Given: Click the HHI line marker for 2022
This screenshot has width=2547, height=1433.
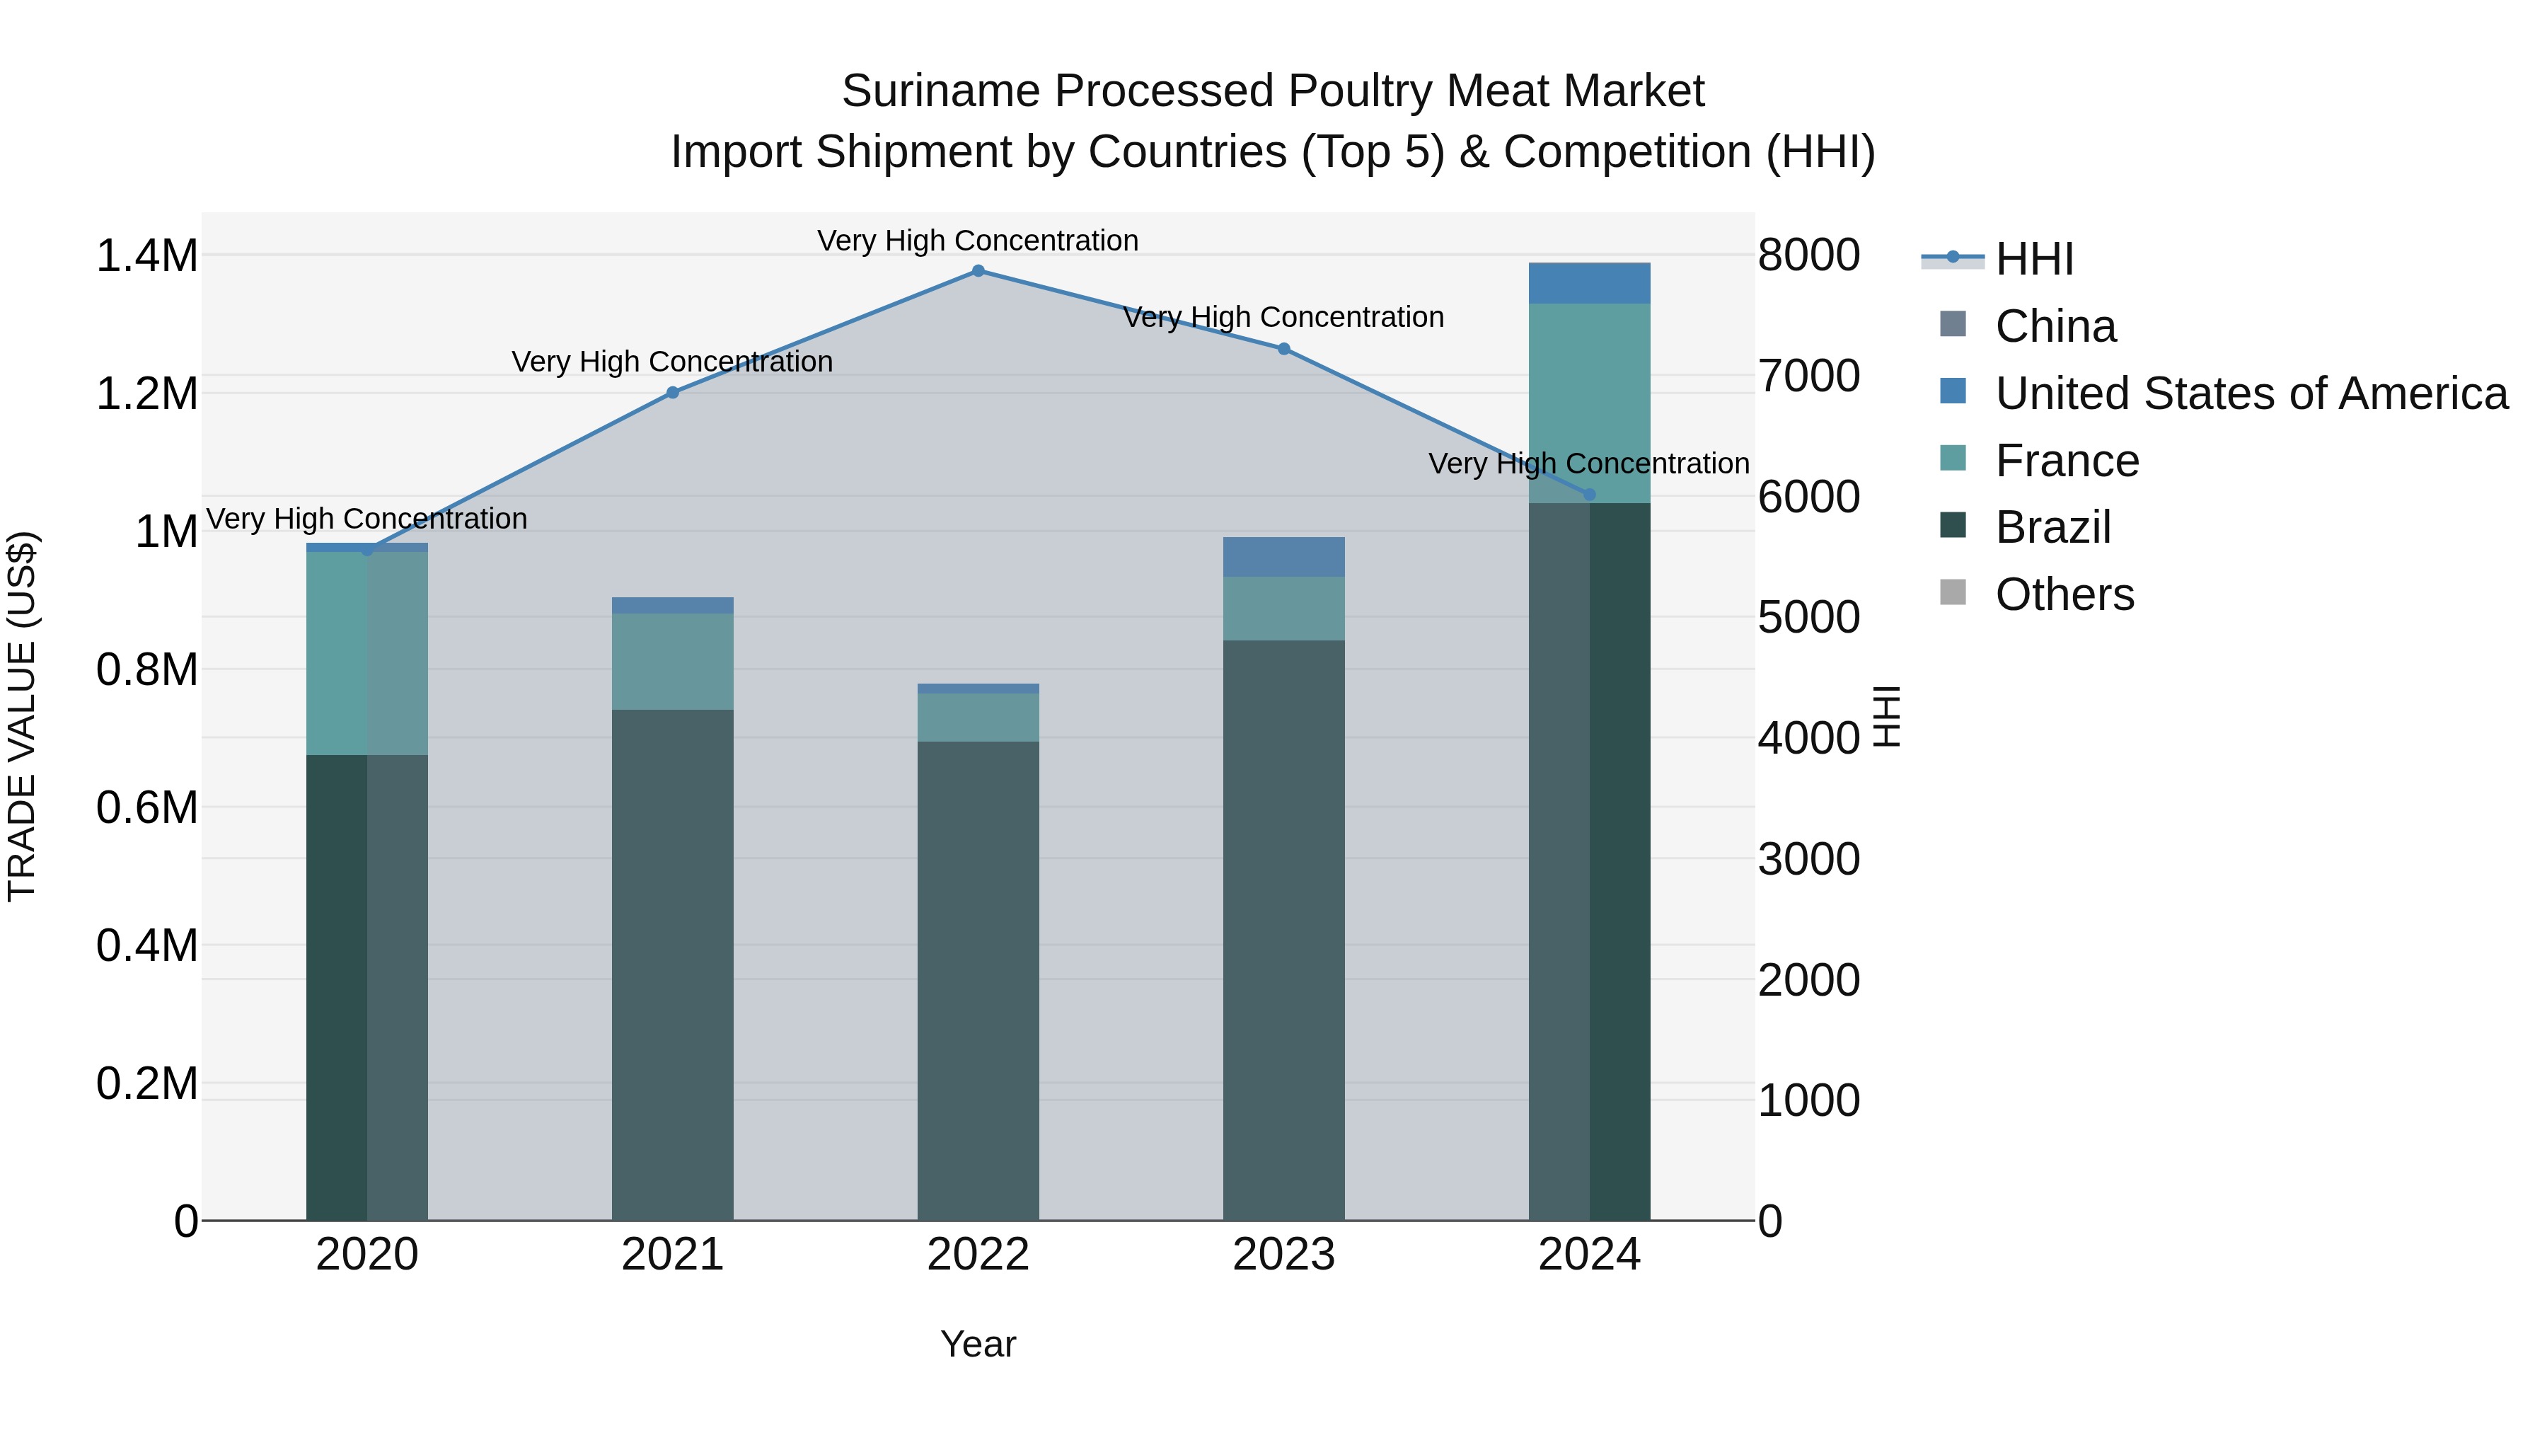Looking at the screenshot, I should click(978, 271).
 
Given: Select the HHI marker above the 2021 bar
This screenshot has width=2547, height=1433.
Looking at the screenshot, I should click(672, 393).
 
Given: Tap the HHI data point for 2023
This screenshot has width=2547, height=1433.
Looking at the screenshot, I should click(1283, 349).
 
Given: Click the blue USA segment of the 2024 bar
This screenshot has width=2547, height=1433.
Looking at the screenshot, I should click(1589, 284).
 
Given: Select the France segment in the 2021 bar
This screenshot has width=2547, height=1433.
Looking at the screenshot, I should click(672, 661).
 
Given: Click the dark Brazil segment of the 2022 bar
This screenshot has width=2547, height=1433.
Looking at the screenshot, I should click(978, 979).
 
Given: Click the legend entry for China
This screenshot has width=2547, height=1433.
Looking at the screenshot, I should click(2055, 326).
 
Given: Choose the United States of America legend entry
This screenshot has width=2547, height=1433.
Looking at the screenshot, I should click(2251, 393).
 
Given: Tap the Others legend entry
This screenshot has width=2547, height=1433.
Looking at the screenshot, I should click(2064, 594).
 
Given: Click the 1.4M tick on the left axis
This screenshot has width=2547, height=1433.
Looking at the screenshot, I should click(146, 256).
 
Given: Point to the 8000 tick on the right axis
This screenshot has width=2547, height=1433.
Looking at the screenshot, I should click(1808, 255).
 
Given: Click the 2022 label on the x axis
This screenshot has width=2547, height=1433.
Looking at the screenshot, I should click(978, 1255).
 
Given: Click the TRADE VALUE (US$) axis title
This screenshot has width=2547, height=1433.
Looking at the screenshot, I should click(22, 716).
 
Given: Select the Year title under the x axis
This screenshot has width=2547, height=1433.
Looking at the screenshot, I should click(978, 1344).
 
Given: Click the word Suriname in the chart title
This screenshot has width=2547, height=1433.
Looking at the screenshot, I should click(940, 91).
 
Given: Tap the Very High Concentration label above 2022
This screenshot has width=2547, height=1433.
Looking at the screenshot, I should click(978, 241).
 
